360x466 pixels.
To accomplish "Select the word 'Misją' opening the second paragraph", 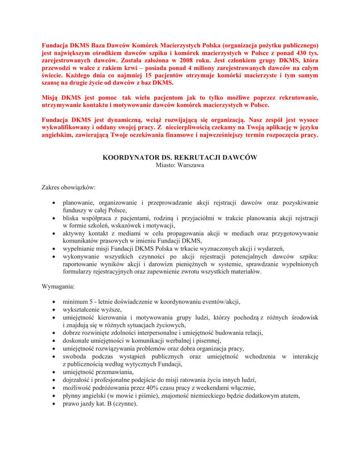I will click(51, 97).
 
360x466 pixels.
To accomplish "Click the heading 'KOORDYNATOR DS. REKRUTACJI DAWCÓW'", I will click(180, 157).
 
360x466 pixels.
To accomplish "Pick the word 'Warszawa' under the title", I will click(191, 165).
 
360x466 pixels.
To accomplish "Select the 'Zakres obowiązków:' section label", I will click(69, 187).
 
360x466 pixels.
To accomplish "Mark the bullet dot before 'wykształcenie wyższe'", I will click(54, 309).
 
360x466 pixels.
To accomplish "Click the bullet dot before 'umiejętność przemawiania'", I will click(54, 372).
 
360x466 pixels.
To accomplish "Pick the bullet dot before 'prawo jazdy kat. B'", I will click(54, 403).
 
